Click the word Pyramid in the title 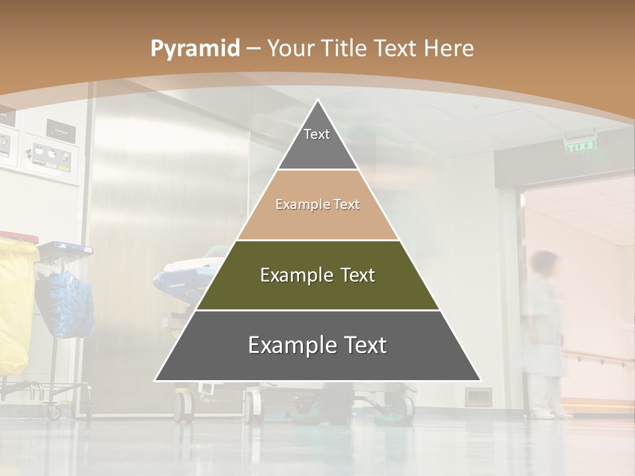tap(194, 49)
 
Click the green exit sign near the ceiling tap(581, 147)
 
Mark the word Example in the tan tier tap(300, 205)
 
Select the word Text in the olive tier tap(355, 275)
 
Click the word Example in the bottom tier tap(286, 345)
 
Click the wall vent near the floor tap(477, 397)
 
